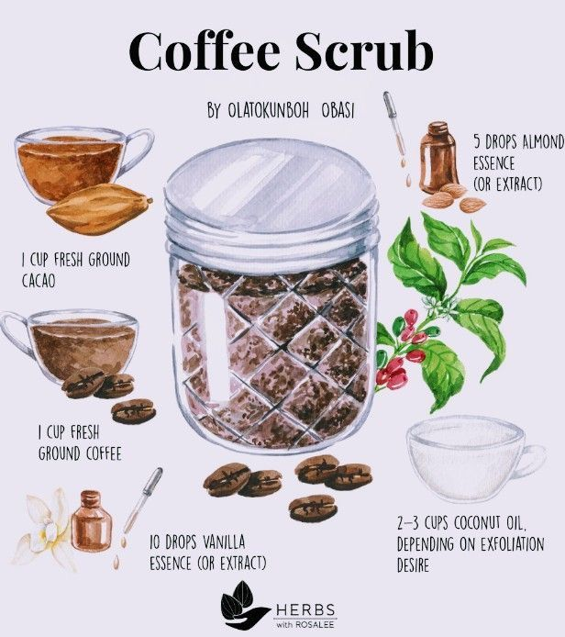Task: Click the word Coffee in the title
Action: [205, 51]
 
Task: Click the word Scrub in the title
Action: [364, 50]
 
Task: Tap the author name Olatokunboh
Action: [269, 110]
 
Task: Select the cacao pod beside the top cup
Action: [100, 209]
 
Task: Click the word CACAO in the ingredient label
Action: [39, 281]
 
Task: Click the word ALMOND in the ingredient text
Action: [544, 142]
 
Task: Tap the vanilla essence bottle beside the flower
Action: [91, 521]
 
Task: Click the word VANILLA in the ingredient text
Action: [224, 542]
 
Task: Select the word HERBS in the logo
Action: [305, 609]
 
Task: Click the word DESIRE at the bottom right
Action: [413, 565]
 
